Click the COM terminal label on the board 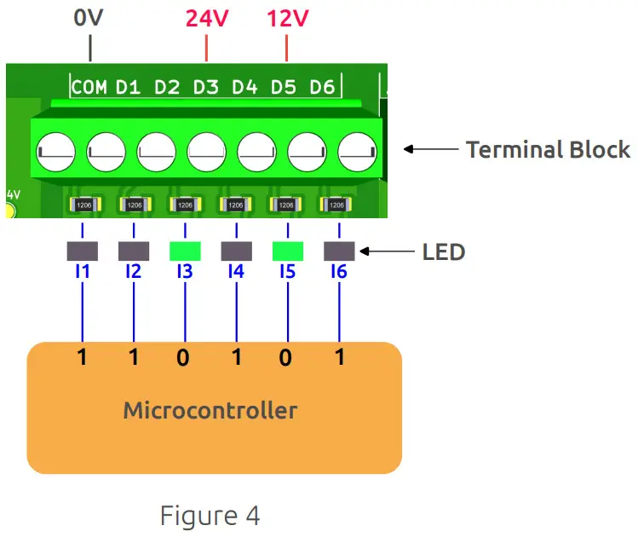(89, 87)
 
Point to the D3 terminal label (205, 87)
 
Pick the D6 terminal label (322, 87)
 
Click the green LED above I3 (185, 251)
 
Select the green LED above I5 (287, 251)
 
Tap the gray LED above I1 (82, 251)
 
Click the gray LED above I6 (339, 251)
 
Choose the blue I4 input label (236, 272)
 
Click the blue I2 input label (133, 272)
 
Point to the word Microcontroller (210, 411)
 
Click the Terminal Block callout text (548, 150)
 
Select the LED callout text (444, 252)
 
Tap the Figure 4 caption (210, 516)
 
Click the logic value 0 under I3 (183, 358)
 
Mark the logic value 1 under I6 (339, 358)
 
